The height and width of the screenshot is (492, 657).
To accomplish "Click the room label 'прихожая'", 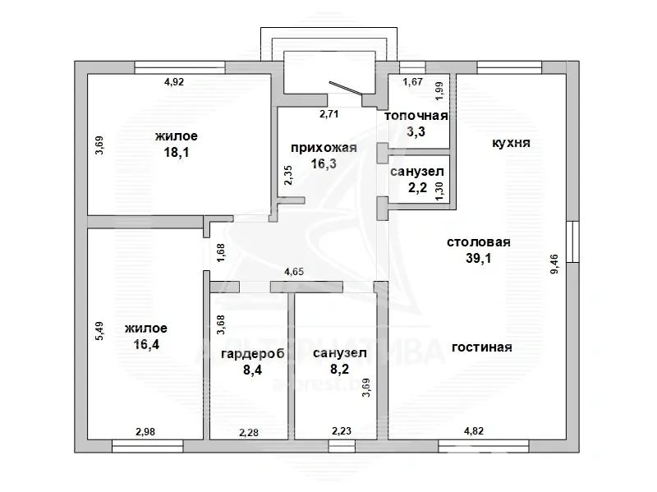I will click(324, 148).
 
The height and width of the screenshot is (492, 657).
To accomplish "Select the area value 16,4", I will click(146, 345).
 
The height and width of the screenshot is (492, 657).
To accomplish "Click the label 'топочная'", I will click(416, 116).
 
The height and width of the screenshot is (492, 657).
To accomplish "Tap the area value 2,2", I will click(416, 187).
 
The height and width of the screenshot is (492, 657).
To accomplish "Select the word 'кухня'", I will click(511, 142).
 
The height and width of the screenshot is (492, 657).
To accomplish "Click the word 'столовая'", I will click(479, 242).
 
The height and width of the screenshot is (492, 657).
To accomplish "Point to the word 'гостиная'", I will click(482, 347).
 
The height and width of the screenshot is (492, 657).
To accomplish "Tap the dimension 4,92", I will click(174, 81).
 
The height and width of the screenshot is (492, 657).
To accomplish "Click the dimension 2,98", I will click(146, 430).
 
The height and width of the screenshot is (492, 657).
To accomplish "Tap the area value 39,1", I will click(479, 257).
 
